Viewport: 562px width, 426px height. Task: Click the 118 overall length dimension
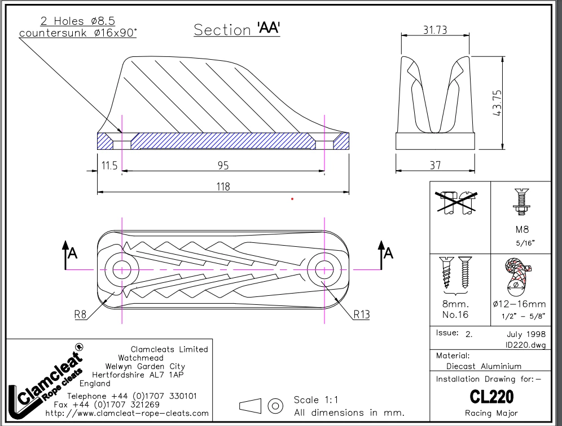pos(223,187)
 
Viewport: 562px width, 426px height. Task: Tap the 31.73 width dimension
pos(434,30)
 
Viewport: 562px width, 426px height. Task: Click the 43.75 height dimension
pos(497,103)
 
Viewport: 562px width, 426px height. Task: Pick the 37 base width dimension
pos(434,165)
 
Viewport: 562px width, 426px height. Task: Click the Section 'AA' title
pos(237,29)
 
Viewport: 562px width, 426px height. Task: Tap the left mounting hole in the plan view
pos(122,269)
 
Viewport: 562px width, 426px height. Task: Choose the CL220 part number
pos(491,397)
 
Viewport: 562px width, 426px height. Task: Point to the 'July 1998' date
pos(525,334)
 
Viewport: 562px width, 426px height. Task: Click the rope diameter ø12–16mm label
pos(520,304)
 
